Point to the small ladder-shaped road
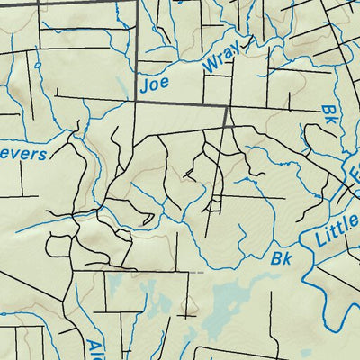[213, 206]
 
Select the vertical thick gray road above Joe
[137, 36]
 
